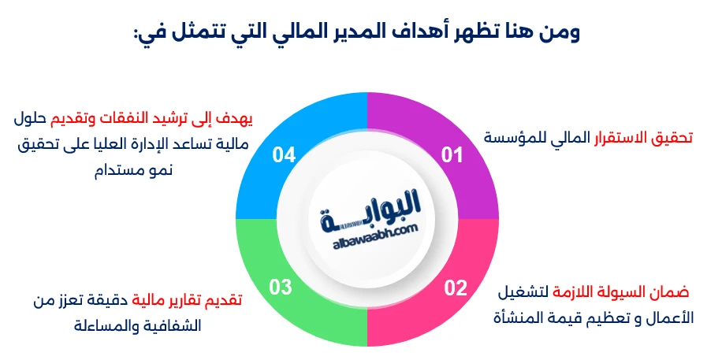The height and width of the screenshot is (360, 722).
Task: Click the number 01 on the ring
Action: point(451,155)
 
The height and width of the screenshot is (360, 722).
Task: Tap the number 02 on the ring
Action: point(455,288)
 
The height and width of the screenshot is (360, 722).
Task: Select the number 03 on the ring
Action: point(281,288)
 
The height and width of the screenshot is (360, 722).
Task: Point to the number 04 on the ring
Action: point(284,154)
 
